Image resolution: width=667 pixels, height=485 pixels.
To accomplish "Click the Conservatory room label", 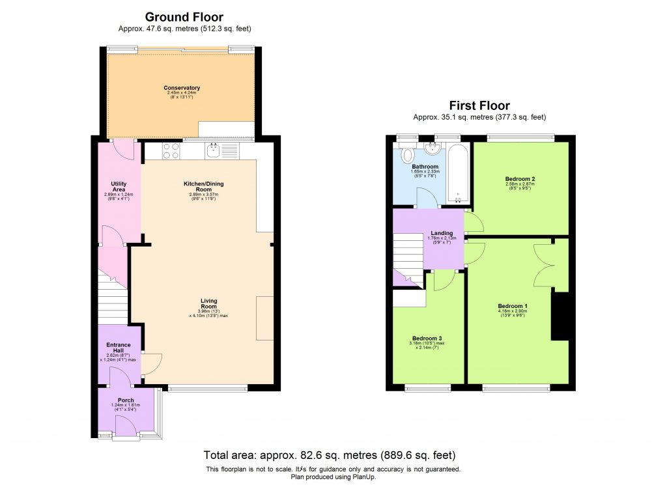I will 182,88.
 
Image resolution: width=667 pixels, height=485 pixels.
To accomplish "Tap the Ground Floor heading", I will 184,17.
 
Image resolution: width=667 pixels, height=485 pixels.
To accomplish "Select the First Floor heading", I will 479,105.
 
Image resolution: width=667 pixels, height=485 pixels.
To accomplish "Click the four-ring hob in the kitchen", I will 171,151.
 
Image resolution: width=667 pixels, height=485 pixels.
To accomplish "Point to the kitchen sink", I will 214,151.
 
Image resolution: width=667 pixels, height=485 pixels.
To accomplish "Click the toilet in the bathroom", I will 408,155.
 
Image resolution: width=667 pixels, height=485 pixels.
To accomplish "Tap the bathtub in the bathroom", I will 457,173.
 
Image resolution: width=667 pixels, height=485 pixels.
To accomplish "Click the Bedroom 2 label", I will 520,178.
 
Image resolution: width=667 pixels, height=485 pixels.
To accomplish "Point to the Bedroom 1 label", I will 512,306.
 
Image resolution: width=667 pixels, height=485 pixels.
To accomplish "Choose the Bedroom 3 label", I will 427,338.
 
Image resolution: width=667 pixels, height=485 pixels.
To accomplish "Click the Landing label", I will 442,233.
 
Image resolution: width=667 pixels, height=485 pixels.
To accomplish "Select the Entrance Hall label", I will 119,348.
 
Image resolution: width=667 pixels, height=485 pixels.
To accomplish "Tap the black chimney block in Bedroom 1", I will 560,316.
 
